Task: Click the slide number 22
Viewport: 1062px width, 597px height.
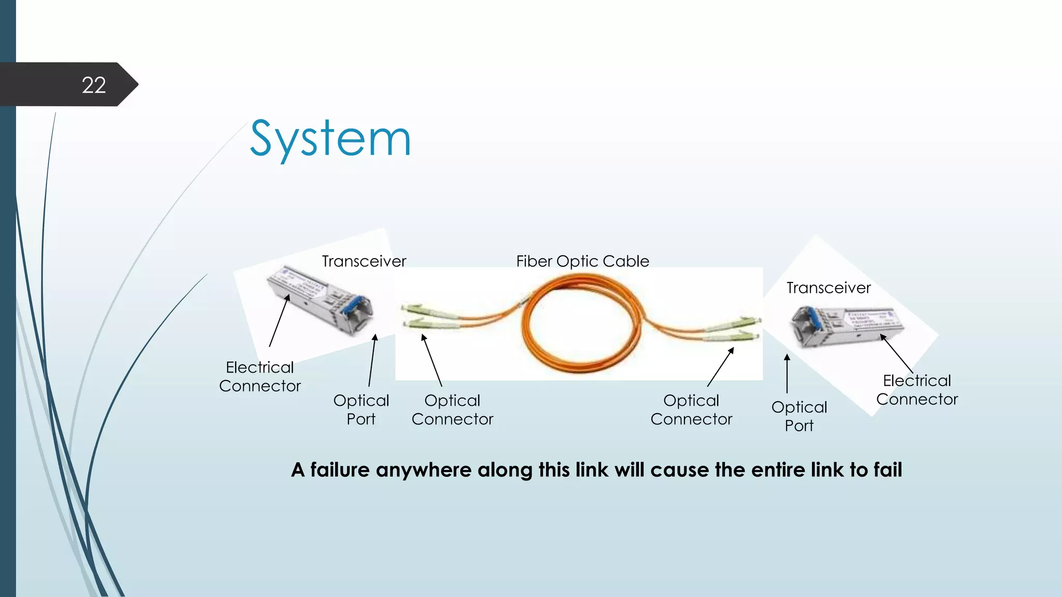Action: (x=94, y=85)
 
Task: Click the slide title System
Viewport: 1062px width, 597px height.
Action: (x=330, y=138)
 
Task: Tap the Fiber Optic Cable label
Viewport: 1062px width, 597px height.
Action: (x=582, y=261)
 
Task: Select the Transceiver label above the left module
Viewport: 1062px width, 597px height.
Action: (x=364, y=261)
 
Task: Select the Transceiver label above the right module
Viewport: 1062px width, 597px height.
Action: (x=829, y=288)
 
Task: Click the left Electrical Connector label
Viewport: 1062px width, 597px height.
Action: (x=260, y=377)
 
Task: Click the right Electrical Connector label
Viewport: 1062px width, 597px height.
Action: (x=917, y=390)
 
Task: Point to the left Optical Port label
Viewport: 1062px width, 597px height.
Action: (x=361, y=409)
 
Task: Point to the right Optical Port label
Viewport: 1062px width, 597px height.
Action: (x=799, y=416)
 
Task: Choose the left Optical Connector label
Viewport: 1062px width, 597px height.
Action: (x=452, y=409)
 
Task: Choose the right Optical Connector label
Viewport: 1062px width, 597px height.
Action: (x=691, y=409)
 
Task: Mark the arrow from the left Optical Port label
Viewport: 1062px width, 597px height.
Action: (x=372, y=360)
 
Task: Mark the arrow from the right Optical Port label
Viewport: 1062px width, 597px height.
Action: (x=787, y=373)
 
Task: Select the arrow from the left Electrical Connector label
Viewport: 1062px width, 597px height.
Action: (x=279, y=321)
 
